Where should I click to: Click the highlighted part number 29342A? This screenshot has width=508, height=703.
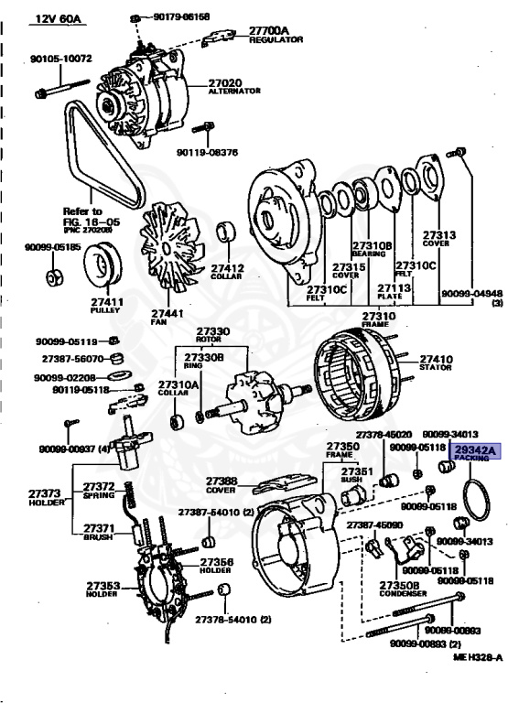click(x=476, y=449)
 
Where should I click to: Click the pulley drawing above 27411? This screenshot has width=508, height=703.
click(x=103, y=267)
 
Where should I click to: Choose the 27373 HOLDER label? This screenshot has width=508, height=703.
click(x=23, y=498)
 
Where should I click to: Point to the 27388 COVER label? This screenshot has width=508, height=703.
click(x=222, y=484)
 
